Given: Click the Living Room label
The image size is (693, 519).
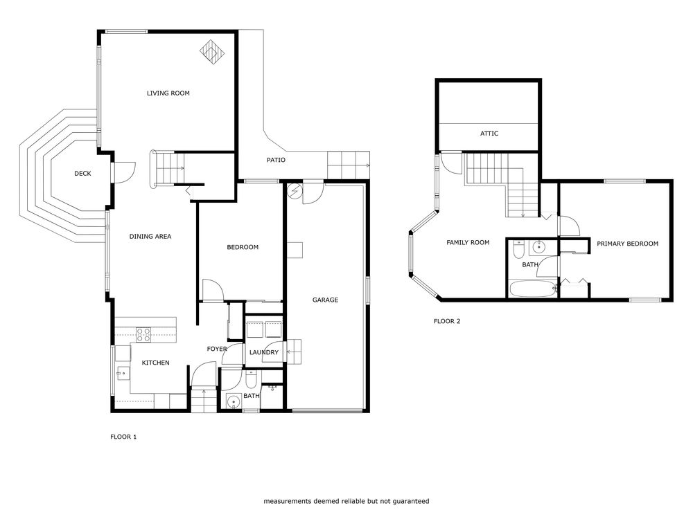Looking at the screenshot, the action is [168, 93].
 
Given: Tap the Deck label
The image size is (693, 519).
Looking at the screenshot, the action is [82, 174].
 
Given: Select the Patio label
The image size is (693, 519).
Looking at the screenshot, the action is [276, 160].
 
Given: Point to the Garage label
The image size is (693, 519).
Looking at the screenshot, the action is [325, 300].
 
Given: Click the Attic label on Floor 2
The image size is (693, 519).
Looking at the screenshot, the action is [489, 134].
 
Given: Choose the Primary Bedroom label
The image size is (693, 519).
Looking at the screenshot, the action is [628, 244].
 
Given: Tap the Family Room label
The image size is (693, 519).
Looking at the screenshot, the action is [468, 242].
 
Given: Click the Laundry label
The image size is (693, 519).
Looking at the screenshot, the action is [264, 352].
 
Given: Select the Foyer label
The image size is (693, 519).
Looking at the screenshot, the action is [217, 349].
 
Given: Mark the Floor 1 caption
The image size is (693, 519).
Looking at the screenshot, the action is [123, 437].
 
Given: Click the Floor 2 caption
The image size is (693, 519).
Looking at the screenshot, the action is [447, 321].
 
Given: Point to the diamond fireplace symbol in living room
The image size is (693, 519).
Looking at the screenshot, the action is [212, 52].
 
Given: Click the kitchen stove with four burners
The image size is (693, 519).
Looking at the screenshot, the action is [143, 335].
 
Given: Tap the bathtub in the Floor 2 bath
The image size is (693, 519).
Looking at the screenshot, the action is [533, 289].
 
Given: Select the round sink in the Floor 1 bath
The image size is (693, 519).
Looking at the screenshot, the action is [234, 402].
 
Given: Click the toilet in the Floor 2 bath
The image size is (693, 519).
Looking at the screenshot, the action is [518, 249].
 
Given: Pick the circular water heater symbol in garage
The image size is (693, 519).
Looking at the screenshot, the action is [294, 191].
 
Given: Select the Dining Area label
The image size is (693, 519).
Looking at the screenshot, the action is [150, 237].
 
